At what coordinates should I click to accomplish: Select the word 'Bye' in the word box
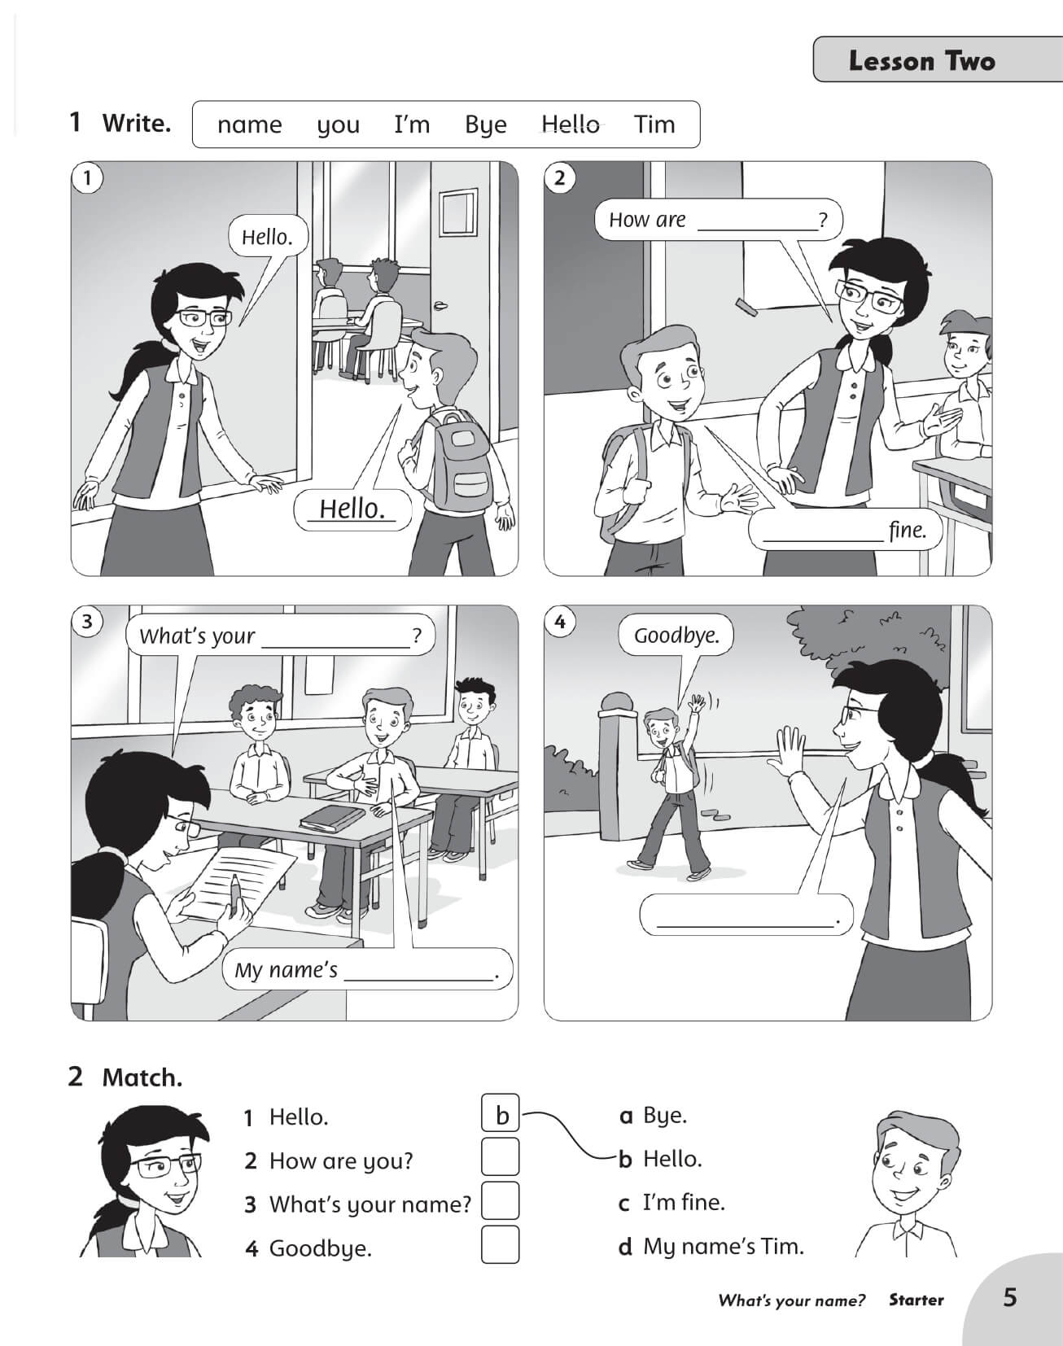click(485, 125)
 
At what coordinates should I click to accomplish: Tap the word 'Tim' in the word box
click(654, 125)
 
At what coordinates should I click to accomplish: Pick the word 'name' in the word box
click(249, 125)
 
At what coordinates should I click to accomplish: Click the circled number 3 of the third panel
click(87, 622)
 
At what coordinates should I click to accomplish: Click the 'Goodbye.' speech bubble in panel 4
click(676, 636)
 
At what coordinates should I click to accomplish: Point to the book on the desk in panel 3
click(330, 818)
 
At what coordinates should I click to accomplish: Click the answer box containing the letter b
click(501, 1114)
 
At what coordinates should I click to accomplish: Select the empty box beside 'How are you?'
click(501, 1156)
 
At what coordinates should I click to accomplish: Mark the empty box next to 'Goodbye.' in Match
click(501, 1244)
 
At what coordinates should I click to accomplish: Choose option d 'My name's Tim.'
click(712, 1246)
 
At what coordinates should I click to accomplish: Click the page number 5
click(1009, 1296)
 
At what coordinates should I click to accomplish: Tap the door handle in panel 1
click(442, 306)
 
